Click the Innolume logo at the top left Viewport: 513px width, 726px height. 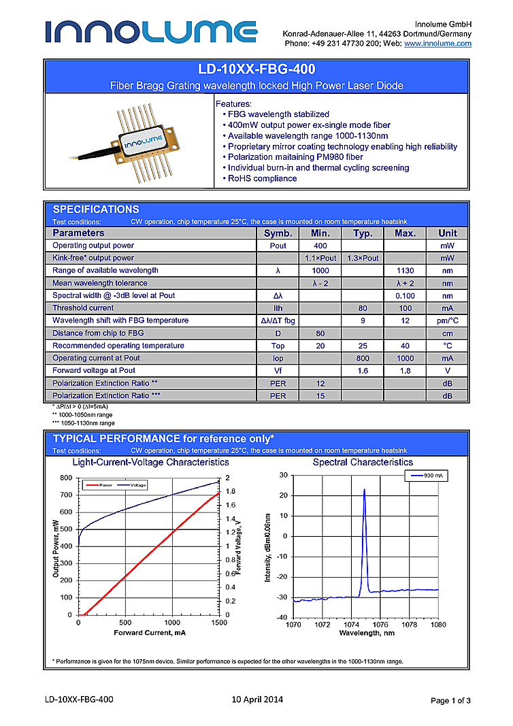pyautogui.click(x=151, y=31)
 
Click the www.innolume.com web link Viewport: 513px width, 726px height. pyautogui.click(x=437, y=44)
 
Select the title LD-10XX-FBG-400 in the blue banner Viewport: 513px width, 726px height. pyautogui.click(x=256, y=69)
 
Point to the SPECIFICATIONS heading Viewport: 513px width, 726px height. pyautogui.click(x=96, y=210)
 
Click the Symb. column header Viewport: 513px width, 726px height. pyautogui.click(x=278, y=233)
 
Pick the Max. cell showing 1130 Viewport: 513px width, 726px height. pyautogui.click(x=405, y=271)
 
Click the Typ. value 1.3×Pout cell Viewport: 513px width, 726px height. pyautogui.click(x=363, y=259)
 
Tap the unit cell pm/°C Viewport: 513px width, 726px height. pyautogui.click(x=447, y=320)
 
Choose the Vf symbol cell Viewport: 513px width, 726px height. pyautogui.click(x=278, y=371)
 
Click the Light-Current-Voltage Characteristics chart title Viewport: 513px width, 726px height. pyautogui.click(x=150, y=462)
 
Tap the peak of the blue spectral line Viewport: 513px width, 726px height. pyautogui.click(x=364, y=489)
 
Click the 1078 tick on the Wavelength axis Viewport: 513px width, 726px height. pyautogui.click(x=409, y=624)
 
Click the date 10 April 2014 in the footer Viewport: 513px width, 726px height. pyautogui.click(x=257, y=699)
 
